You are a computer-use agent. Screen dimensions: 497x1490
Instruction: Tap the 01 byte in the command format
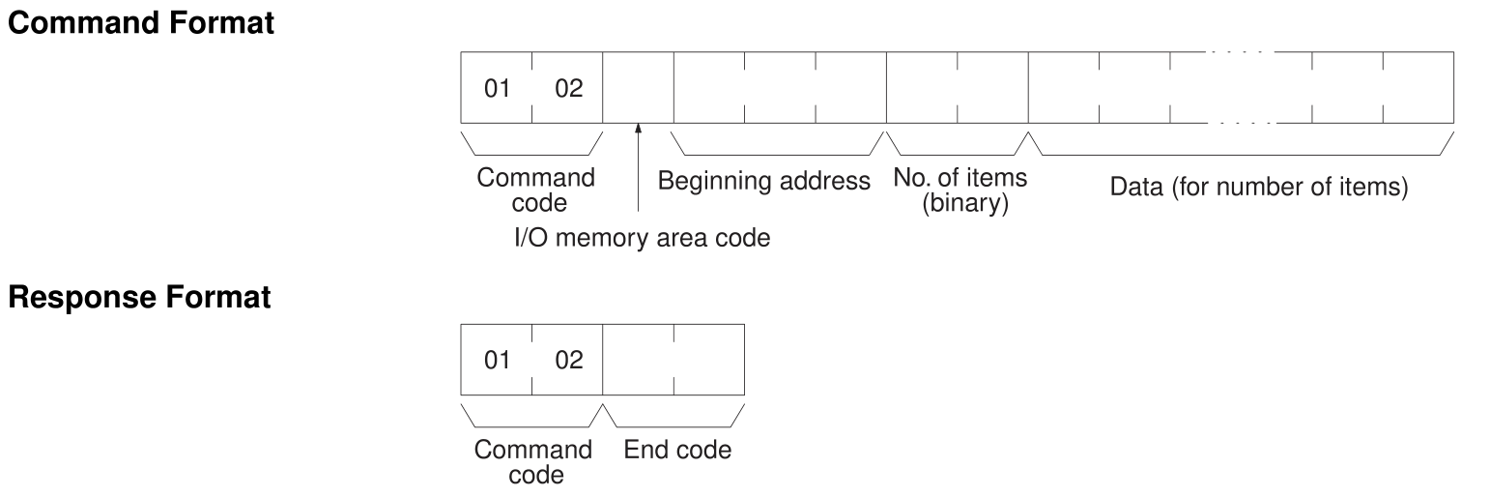(x=496, y=87)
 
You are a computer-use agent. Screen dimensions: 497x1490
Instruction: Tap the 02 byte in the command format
(x=567, y=87)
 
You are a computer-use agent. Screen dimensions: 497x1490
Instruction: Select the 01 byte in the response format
(x=496, y=361)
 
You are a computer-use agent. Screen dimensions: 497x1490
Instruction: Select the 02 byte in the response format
(x=567, y=361)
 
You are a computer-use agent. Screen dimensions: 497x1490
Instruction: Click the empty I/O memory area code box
(x=638, y=87)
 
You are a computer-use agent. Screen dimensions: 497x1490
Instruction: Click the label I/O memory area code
(x=639, y=238)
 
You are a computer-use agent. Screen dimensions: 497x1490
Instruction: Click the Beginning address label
(x=764, y=182)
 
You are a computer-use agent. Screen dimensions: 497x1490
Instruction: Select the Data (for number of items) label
(x=1258, y=187)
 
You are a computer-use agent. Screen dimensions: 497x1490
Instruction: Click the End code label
(x=677, y=451)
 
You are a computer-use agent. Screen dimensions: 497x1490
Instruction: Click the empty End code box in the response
(x=673, y=361)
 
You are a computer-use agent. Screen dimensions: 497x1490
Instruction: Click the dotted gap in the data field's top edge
(x=1241, y=51)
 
